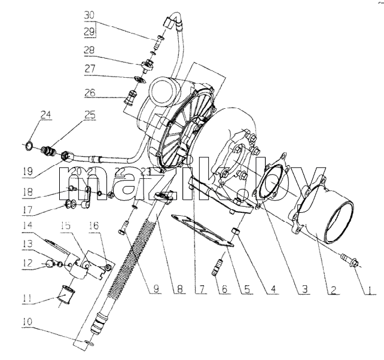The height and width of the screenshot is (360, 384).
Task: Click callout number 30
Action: click(89, 15)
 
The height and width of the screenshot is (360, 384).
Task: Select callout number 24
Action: click(46, 115)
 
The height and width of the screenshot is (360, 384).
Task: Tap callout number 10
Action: click(28, 322)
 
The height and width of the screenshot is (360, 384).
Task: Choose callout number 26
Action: click(90, 93)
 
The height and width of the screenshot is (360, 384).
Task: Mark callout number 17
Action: click(28, 210)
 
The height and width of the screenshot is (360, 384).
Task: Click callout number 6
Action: click(223, 289)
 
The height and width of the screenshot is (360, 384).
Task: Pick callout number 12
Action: click(28, 263)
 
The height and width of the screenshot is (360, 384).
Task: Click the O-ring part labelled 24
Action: click(29, 146)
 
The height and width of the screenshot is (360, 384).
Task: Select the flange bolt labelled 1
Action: click(350, 261)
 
